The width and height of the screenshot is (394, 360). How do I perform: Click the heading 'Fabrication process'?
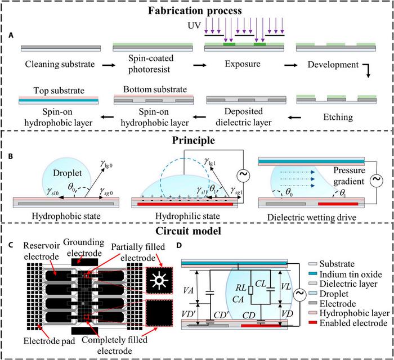[195, 11]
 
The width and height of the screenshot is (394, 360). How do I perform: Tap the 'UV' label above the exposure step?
[194, 25]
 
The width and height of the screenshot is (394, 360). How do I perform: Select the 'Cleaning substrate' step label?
[60, 64]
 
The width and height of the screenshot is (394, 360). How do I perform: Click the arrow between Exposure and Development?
[291, 65]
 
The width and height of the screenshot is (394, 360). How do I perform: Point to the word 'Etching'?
[338, 118]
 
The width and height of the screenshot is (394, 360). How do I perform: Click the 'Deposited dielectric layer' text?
[244, 117]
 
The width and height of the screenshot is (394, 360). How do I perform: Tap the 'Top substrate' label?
[59, 91]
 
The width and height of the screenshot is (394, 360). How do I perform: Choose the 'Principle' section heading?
[194, 141]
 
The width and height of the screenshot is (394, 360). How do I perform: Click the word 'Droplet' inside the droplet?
[68, 173]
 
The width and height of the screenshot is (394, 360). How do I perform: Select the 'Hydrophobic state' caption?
[66, 216]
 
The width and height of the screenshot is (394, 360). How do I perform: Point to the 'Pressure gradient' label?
[349, 175]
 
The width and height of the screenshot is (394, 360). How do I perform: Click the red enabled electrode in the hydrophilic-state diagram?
[185, 204]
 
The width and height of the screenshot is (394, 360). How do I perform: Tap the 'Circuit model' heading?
[188, 231]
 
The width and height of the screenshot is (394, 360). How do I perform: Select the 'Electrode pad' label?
[50, 341]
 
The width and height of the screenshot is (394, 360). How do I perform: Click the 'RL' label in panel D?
[241, 287]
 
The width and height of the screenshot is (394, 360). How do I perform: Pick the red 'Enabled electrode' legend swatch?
[312, 323]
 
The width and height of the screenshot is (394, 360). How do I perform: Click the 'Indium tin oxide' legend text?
[351, 274]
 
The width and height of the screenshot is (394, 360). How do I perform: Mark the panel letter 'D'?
[179, 245]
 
